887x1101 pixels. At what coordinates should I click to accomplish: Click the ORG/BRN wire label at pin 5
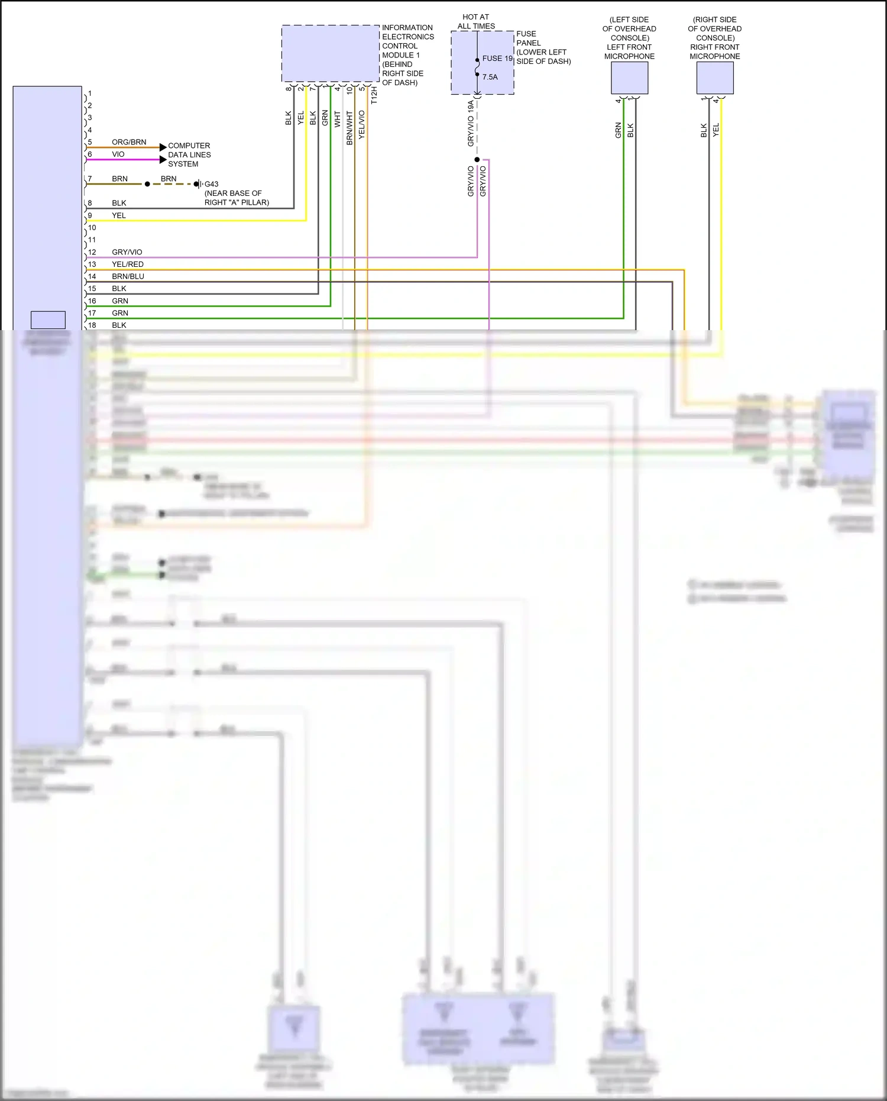[x=129, y=142]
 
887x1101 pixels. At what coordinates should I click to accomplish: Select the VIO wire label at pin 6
[x=118, y=154]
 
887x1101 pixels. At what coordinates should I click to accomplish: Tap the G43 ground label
[x=211, y=184]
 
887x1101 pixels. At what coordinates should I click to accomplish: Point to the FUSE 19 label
[x=497, y=59]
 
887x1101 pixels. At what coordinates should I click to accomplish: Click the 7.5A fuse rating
[x=490, y=77]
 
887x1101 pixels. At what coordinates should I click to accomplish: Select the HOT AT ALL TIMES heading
[x=476, y=22]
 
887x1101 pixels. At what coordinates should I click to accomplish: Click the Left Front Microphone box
[x=629, y=78]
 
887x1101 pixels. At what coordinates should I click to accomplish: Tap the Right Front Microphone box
[x=715, y=78]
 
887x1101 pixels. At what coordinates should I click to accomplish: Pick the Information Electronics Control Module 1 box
[x=330, y=53]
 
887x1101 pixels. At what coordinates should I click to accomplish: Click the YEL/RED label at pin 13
[x=128, y=264]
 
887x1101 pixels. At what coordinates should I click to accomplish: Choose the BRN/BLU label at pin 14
[x=128, y=276]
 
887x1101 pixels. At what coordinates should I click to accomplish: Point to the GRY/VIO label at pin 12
[x=127, y=252]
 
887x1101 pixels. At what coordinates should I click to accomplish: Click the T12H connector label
[x=374, y=96]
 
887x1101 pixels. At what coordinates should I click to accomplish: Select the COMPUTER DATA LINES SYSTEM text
[x=189, y=155]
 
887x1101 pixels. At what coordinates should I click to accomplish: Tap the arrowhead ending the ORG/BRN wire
[x=163, y=147]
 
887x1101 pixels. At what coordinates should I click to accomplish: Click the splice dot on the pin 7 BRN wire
[x=147, y=184]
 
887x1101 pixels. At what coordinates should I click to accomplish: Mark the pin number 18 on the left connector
[x=92, y=325]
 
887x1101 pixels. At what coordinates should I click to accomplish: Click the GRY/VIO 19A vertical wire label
[x=471, y=123]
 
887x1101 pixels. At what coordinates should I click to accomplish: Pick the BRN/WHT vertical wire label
[x=349, y=127]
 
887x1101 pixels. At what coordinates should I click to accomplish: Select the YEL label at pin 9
[x=119, y=215]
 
